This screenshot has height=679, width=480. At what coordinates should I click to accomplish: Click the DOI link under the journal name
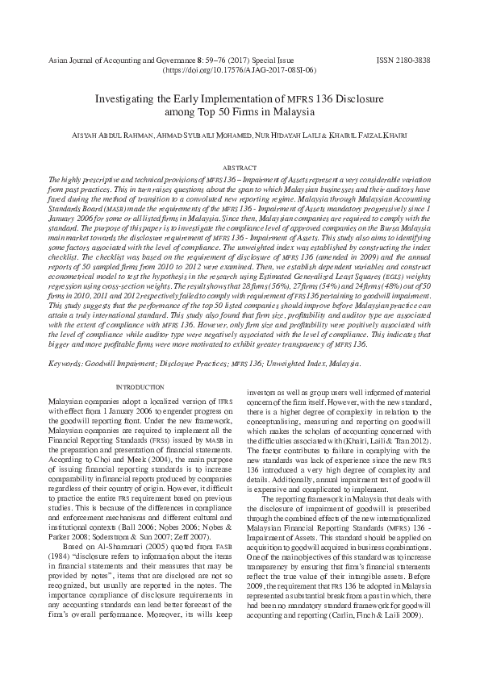[239, 71]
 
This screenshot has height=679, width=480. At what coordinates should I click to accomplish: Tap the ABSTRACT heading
[239, 165]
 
